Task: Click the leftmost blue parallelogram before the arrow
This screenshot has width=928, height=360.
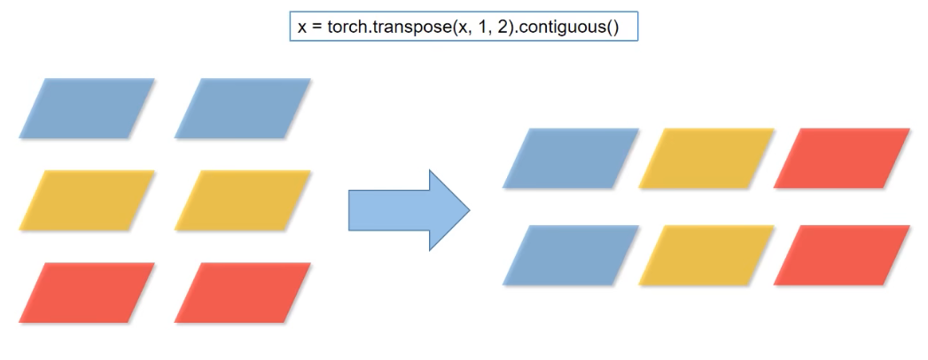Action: (87, 108)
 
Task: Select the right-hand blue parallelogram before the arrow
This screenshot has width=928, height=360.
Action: (243, 108)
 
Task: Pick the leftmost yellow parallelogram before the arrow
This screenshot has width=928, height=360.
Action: (87, 200)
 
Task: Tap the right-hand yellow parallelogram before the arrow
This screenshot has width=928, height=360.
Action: (243, 200)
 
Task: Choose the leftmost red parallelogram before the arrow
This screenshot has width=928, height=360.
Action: (87, 293)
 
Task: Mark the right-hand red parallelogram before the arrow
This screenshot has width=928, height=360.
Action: (243, 293)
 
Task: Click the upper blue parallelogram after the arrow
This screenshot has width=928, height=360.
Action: (570, 159)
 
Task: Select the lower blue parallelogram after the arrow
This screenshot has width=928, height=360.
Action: (570, 255)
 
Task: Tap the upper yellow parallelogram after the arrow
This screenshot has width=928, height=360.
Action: (706, 159)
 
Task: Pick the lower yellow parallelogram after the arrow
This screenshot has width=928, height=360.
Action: (706, 255)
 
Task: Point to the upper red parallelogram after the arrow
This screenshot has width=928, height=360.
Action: (841, 159)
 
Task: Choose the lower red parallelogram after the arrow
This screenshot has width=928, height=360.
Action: (841, 255)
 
